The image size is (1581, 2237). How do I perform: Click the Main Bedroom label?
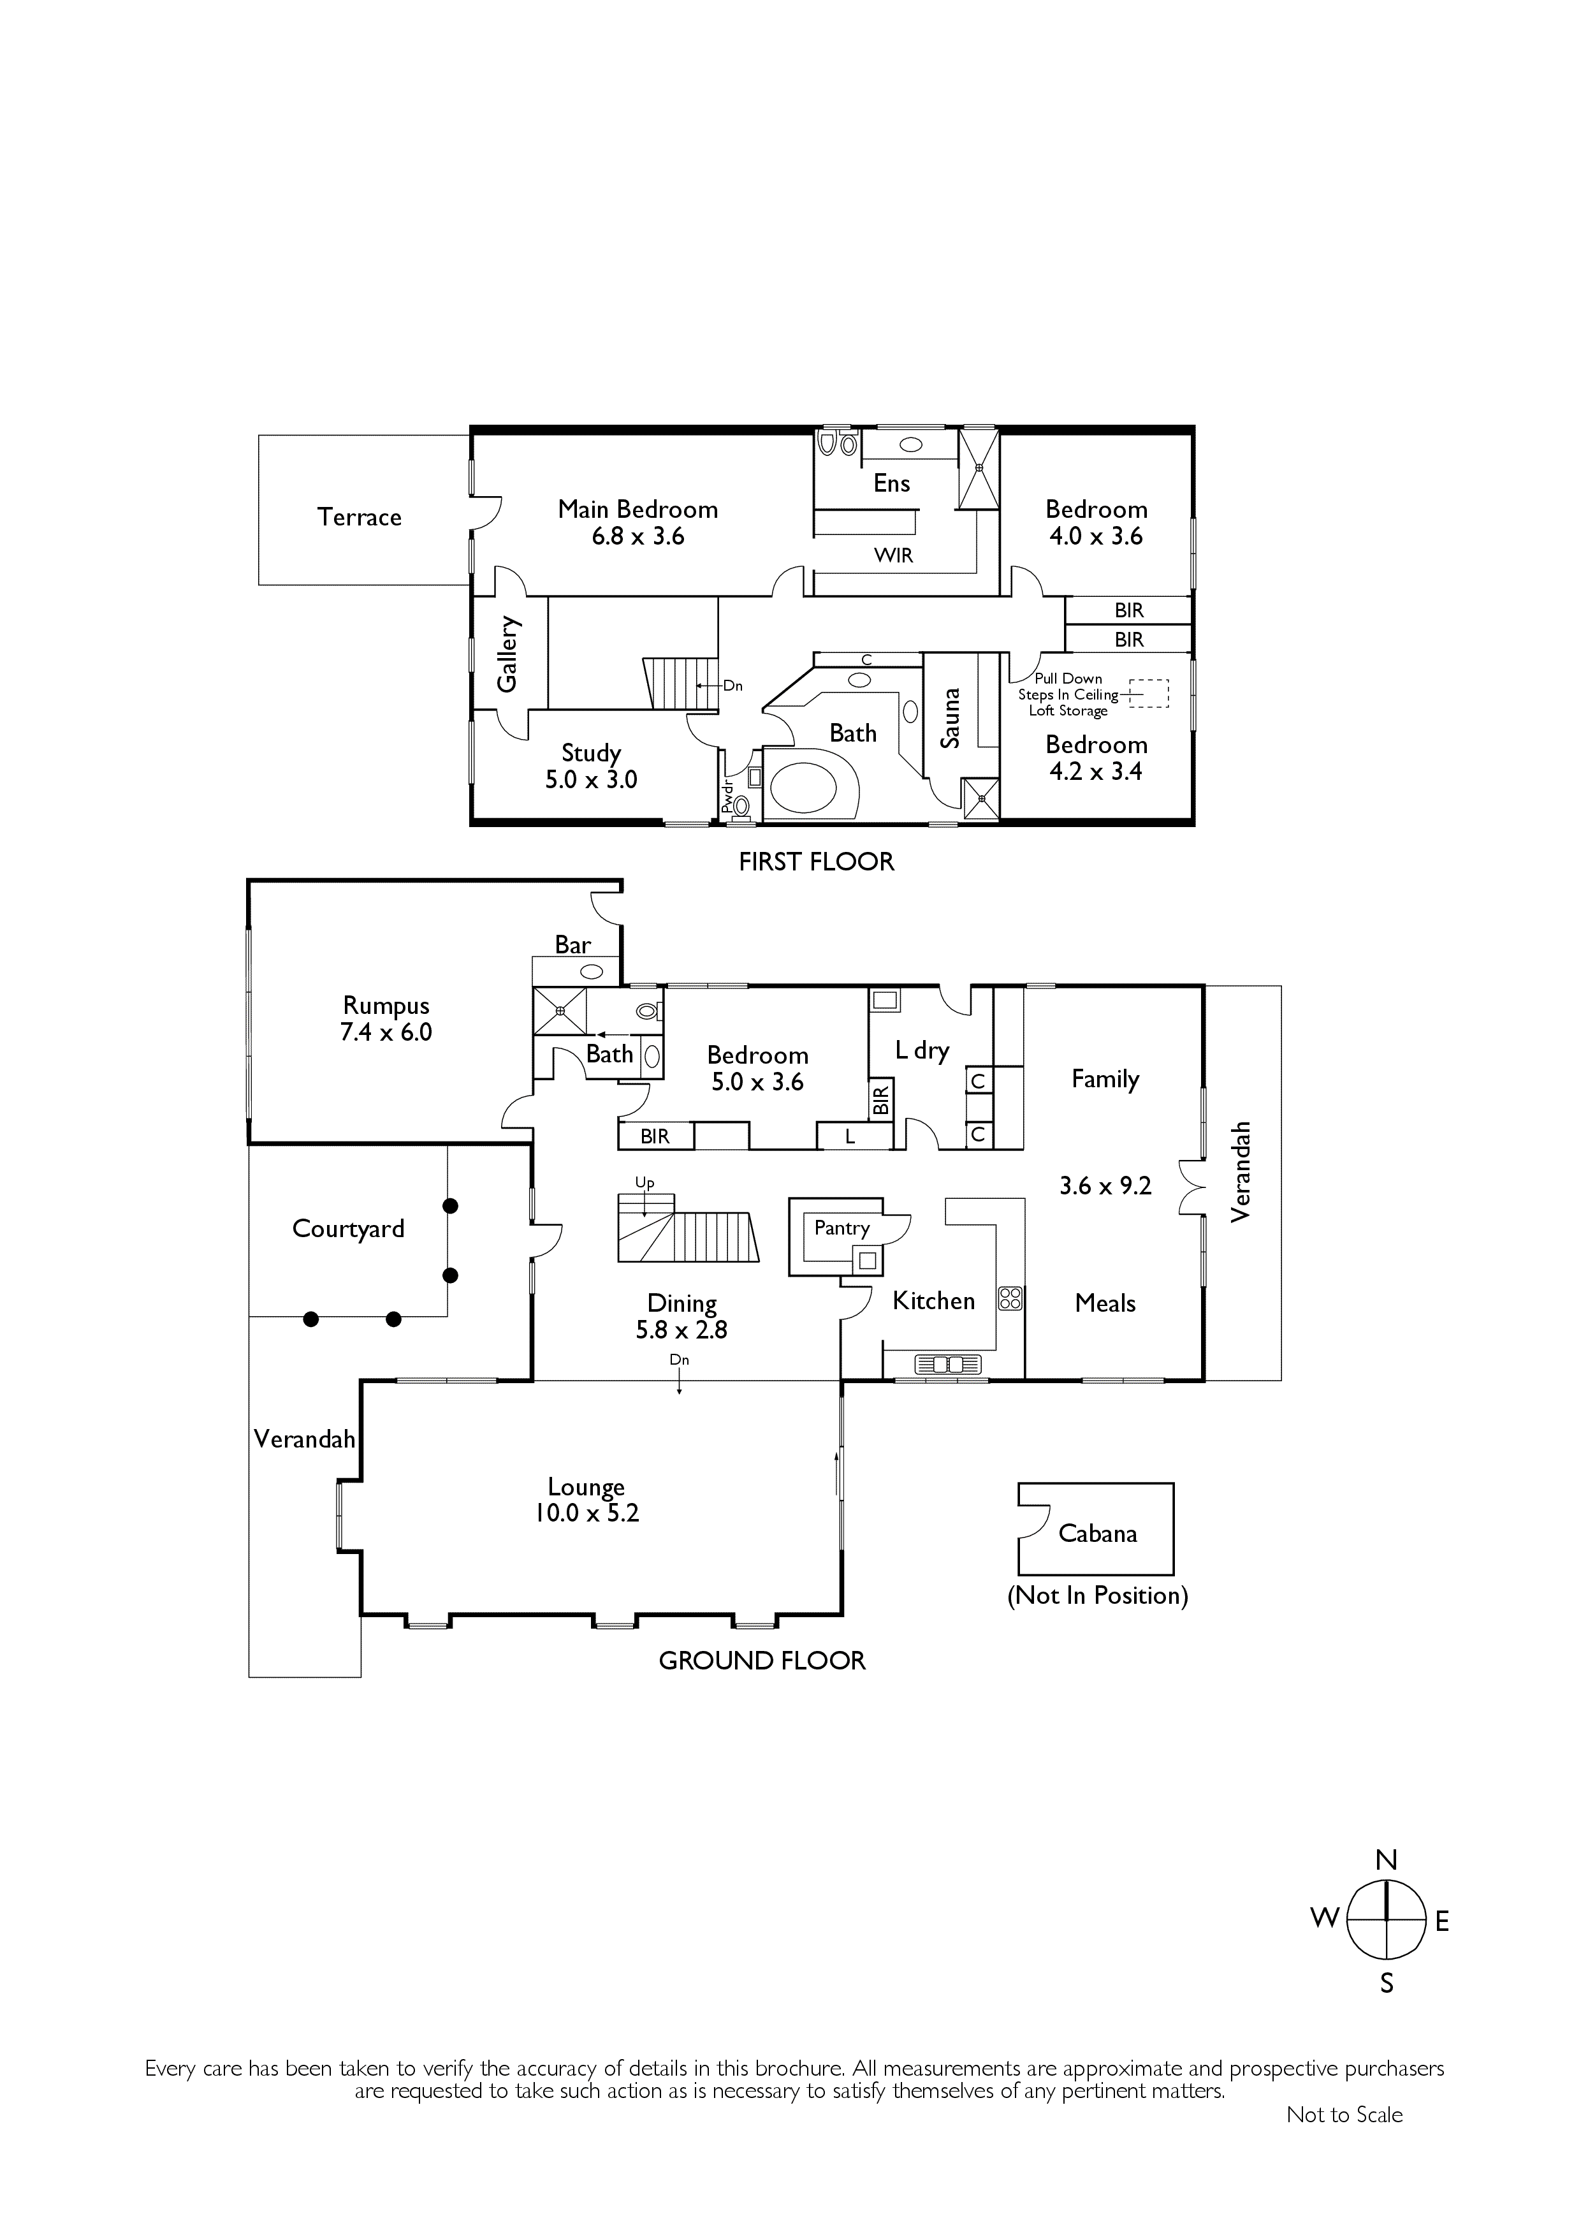638,510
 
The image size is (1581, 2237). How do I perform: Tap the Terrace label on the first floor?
360,517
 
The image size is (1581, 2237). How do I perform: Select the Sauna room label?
951,718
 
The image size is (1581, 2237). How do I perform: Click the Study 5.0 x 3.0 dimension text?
592,779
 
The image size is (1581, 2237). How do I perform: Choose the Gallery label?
507,654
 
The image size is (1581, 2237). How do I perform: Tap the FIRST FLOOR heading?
816,862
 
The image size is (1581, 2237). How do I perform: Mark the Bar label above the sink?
572,944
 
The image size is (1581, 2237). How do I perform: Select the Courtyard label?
348,1229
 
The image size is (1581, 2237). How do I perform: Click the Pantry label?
841,1228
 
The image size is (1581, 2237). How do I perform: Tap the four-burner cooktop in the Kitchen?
1010,1298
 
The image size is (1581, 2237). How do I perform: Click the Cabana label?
1098,1534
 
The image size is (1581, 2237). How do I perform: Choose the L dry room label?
922,1050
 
